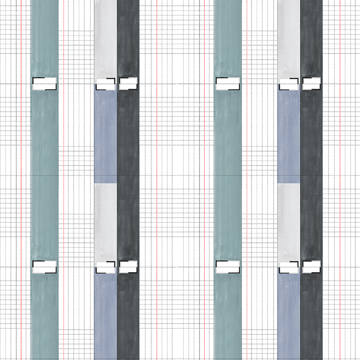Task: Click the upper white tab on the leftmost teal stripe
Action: (x=44, y=84)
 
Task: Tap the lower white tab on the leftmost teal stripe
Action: (x=44, y=266)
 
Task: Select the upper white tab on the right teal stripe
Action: (x=227, y=84)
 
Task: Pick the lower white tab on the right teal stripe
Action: (x=227, y=266)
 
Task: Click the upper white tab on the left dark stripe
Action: (x=129, y=84)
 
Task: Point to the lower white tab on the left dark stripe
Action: (x=129, y=266)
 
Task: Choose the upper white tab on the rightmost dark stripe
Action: (x=311, y=84)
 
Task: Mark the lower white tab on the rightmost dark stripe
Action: (x=311, y=266)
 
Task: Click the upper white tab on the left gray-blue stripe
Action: (x=105, y=84)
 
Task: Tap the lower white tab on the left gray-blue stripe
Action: (x=105, y=266)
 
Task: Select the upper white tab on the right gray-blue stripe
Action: (x=289, y=84)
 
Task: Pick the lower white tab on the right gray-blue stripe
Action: (x=289, y=266)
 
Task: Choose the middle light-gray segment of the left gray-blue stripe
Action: (x=105, y=221)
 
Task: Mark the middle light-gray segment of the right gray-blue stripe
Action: (x=289, y=221)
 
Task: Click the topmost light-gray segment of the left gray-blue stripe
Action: (x=105, y=39)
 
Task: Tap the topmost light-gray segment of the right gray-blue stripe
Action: (x=289, y=39)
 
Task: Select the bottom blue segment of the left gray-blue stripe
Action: (x=105, y=316)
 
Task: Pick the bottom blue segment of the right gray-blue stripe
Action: (x=289, y=316)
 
